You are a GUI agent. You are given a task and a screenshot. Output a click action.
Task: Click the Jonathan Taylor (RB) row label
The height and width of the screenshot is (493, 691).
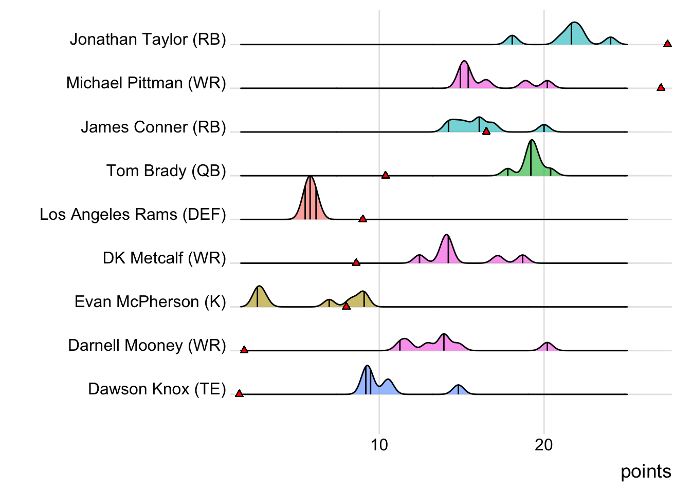(148, 40)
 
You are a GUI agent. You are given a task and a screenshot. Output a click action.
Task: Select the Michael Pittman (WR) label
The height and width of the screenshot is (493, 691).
(146, 83)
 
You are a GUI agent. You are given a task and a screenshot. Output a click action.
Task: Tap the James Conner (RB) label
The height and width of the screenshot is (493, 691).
(153, 127)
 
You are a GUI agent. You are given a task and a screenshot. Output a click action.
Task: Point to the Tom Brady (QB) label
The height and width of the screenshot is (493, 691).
(166, 170)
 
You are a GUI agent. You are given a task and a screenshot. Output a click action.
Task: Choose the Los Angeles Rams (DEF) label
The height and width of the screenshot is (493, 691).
(133, 214)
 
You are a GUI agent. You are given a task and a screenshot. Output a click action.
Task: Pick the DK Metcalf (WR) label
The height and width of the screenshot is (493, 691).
(164, 258)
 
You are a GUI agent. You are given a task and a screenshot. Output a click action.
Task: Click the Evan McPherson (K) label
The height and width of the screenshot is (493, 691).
(150, 301)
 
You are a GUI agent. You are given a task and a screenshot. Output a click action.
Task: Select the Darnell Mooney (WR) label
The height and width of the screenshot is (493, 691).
(147, 345)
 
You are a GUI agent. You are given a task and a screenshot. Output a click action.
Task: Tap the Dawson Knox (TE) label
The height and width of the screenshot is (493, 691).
(157, 389)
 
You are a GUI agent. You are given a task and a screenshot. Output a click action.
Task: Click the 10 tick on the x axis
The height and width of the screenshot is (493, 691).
(379, 445)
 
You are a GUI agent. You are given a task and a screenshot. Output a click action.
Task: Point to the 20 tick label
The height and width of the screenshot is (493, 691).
(543, 445)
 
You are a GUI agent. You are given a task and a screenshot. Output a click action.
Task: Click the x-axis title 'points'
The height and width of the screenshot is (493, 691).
(646, 471)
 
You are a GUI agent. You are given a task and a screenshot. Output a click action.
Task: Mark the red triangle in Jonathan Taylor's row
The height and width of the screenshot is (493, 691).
(667, 44)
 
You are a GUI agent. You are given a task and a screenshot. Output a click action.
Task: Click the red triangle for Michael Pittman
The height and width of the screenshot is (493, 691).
(661, 87)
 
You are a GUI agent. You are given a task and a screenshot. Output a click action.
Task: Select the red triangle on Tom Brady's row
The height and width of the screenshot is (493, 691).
(385, 175)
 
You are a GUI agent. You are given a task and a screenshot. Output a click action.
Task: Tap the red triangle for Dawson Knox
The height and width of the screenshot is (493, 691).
(239, 393)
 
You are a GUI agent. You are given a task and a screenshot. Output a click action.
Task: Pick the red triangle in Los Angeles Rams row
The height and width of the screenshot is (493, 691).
(362, 219)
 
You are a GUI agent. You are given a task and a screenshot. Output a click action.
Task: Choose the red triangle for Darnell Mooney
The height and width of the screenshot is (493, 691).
(244, 350)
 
